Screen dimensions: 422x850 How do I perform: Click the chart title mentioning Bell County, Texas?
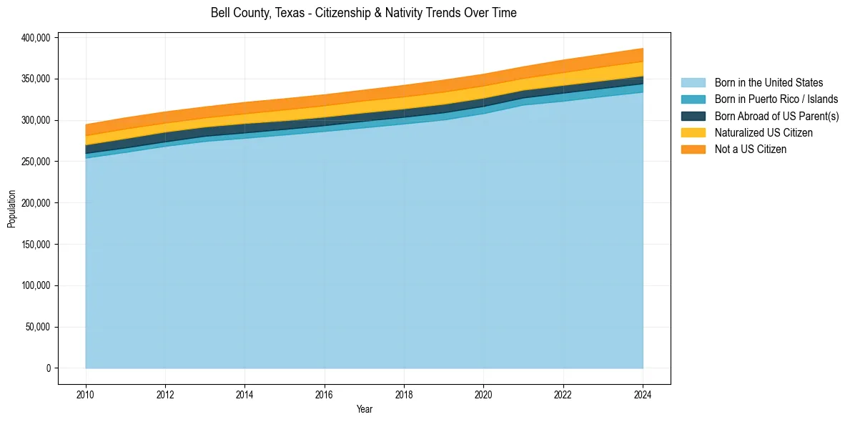pyautogui.click(x=363, y=13)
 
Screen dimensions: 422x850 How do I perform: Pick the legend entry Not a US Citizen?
pyautogui.click(x=751, y=149)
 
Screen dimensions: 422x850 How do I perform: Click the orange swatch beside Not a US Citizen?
pyautogui.click(x=693, y=149)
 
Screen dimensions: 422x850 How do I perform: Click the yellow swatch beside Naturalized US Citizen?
pyautogui.click(x=693, y=132)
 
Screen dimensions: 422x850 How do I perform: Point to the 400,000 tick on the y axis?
pyautogui.click(x=34, y=38)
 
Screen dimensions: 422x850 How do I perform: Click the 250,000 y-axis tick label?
pyautogui.click(x=34, y=162)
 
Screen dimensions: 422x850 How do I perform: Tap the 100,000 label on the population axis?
pyautogui.click(x=34, y=286)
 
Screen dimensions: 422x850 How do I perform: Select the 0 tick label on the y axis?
pyautogui.click(x=49, y=368)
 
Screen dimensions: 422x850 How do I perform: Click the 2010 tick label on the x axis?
pyautogui.click(x=86, y=393)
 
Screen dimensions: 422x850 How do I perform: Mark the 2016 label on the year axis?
pyautogui.click(x=325, y=393)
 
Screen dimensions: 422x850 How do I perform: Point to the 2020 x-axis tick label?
pyautogui.click(x=484, y=393)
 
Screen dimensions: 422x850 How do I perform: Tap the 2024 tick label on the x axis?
pyautogui.click(x=643, y=393)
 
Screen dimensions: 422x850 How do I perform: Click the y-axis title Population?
pyautogui.click(x=11, y=209)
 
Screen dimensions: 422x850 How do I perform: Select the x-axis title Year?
pyautogui.click(x=364, y=409)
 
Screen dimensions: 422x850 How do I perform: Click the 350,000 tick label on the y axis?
pyautogui.click(x=34, y=79)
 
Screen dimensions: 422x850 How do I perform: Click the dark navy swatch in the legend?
pyautogui.click(x=693, y=116)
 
